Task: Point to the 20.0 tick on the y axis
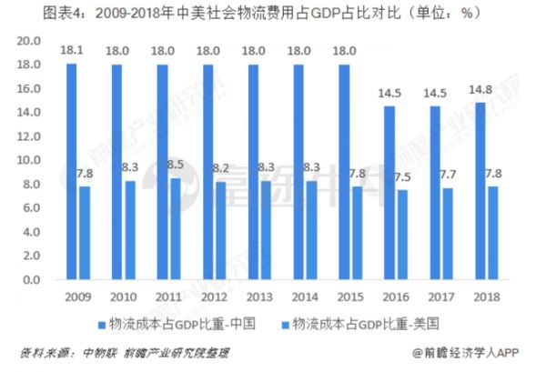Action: coord(29,41)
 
